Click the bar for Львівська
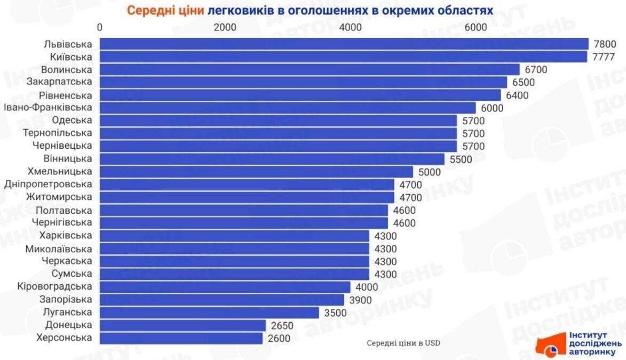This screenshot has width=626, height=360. [x=344, y=44]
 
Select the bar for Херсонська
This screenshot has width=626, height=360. [x=181, y=338]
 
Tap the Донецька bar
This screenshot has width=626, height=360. [x=183, y=325]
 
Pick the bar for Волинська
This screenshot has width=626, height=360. [x=310, y=69]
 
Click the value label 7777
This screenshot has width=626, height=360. [x=603, y=57]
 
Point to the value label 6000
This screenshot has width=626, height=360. [x=492, y=108]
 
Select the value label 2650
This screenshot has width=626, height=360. [x=282, y=325]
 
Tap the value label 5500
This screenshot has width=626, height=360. [x=461, y=159]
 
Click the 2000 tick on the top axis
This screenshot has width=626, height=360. [x=225, y=27]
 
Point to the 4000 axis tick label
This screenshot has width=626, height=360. [x=350, y=27]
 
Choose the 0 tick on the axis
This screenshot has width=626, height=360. [x=100, y=27]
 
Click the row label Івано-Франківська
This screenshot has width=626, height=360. [x=48, y=107]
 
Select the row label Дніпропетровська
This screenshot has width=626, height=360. [x=48, y=185]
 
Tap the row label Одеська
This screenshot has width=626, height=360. [x=72, y=120]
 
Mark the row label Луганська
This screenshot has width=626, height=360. [x=67, y=312]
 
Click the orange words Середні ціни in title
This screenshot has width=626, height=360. [x=165, y=10]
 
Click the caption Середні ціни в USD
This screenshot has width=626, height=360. [x=403, y=343]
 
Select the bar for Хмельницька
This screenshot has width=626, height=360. [x=256, y=172]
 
